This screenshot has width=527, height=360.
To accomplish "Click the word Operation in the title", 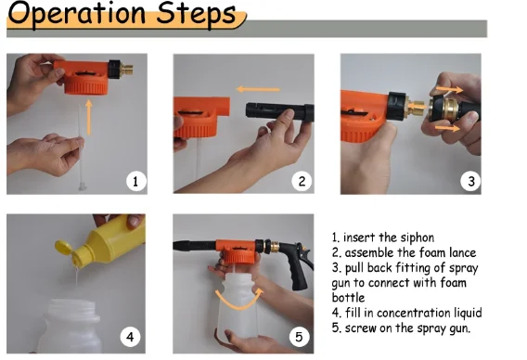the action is coord(77,13).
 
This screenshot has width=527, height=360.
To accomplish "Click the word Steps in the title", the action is coord(197,13).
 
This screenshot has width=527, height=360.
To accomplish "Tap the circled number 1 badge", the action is coord(135,181).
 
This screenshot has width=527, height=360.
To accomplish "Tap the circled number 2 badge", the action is coord(302,181).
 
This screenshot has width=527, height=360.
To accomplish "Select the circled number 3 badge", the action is coord(470,181).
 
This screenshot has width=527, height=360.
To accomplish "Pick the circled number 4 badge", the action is coord(130,336).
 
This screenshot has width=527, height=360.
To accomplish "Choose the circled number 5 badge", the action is coord(299,336).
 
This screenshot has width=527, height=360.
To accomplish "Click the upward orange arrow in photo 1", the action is coord(89,117).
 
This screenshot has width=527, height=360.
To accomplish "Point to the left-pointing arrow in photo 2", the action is coord(258,89).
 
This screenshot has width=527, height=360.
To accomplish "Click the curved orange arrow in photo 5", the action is coord(239,307).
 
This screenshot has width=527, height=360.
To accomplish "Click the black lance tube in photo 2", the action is coord(279,111).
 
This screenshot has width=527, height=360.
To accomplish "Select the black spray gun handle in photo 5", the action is coord(299,269).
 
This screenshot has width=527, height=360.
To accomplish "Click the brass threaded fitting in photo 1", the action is coord(127,70).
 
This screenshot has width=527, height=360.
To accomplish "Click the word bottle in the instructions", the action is coord(348,298).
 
